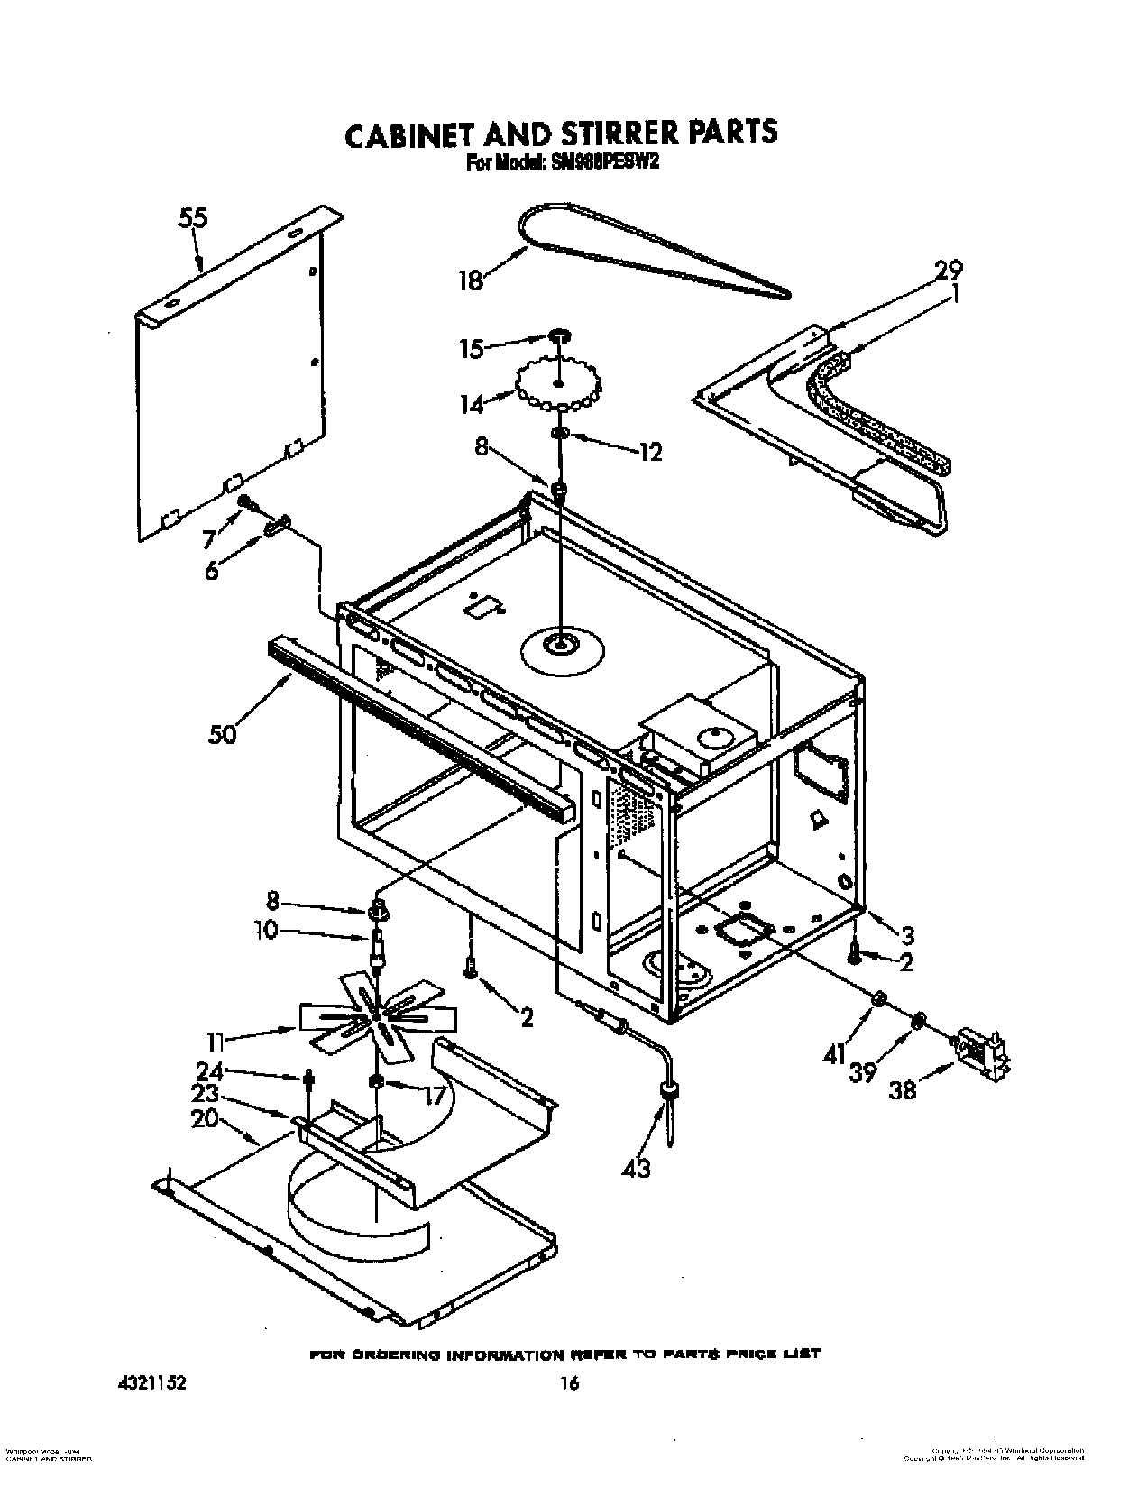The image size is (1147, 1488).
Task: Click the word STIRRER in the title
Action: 612,133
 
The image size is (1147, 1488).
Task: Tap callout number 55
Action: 192,219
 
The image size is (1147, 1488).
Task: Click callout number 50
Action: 222,735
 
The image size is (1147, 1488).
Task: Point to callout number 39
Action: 863,1073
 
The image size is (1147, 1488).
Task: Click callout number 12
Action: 649,452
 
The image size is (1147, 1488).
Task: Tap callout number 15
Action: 472,348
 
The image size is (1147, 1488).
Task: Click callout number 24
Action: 209,1070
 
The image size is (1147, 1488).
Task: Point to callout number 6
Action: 211,571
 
